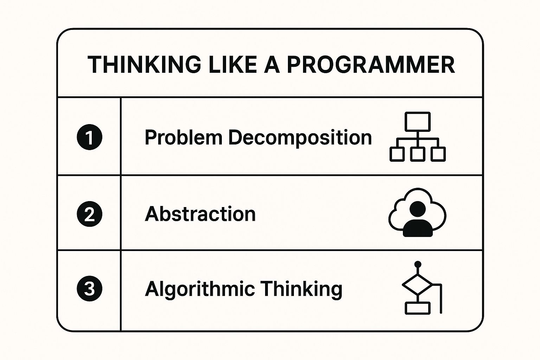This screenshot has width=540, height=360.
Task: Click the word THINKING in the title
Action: coord(144,65)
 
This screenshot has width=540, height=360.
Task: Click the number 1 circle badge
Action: coord(90,137)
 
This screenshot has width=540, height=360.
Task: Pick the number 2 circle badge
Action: coord(90,214)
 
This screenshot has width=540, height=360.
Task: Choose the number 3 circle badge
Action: coord(90,289)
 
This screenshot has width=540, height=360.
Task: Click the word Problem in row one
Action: coord(183,137)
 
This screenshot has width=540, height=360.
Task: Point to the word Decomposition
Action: coord(300,137)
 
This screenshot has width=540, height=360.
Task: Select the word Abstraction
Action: coord(200,214)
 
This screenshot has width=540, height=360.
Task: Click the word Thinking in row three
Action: coord(301,289)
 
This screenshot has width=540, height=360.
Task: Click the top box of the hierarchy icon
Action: coord(417,121)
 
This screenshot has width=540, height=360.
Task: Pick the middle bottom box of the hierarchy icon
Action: coord(417,154)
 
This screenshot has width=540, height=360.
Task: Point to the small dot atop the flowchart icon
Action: coord(418,264)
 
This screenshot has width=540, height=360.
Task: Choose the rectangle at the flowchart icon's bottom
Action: coord(417,308)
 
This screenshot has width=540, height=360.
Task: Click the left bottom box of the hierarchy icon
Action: coord(397,154)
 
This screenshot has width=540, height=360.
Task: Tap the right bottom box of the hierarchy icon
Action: coord(438,154)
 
